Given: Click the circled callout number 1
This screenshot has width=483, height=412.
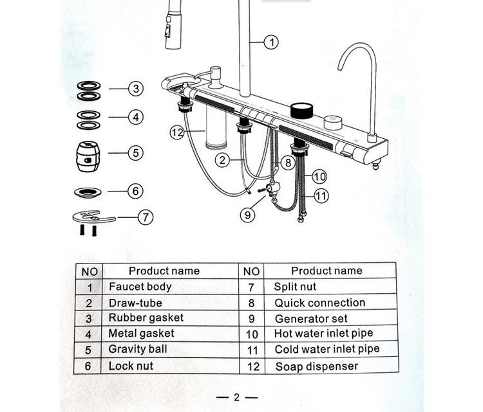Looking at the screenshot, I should pyautogui.click(x=271, y=43).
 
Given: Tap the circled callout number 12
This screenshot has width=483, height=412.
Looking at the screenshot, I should pyautogui.click(x=178, y=133).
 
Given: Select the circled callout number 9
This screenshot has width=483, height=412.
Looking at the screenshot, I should pyautogui.click(x=249, y=215).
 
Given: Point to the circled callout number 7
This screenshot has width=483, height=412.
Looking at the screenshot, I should pyautogui.click(x=146, y=217).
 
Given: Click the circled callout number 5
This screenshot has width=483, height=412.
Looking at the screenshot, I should pyautogui.click(x=135, y=153).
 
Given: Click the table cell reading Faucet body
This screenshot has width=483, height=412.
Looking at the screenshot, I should pyautogui.click(x=140, y=287).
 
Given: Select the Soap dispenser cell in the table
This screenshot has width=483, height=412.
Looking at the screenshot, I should pyautogui.click(x=316, y=367).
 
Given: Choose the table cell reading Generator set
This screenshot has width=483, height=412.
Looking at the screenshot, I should pyautogui.click(x=311, y=319).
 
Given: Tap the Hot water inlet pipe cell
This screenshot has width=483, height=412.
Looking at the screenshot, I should pyautogui.click(x=323, y=334).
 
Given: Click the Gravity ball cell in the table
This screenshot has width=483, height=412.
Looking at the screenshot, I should pyautogui.click(x=137, y=350).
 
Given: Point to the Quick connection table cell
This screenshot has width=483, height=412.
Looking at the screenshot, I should pyautogui.click(x=319, y=303).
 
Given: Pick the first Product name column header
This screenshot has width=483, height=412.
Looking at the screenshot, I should pyautogui.click(x=164, y=271).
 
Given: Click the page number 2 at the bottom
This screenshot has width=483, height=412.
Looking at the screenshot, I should pyautogui.click(x=236, y=397).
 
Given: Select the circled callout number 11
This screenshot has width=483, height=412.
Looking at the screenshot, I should pyautogui.click(x=320, y=194).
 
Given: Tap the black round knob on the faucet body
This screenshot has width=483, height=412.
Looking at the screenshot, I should pyautogui.click(x=301, y=111).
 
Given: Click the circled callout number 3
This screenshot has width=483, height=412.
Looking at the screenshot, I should pyautogui.click(x=135, y=89).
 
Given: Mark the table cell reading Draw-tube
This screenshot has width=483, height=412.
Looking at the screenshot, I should pyautogui.click(x=135, y=303).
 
